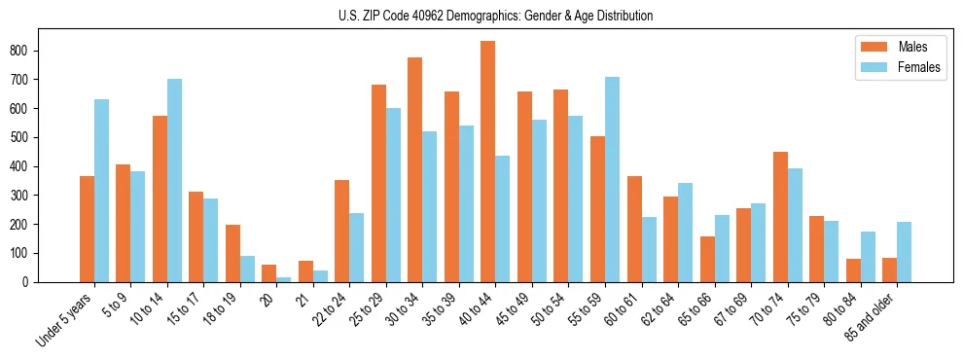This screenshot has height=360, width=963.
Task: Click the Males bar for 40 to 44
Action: click(488, 162)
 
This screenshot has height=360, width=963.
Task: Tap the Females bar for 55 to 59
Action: click(612, 179)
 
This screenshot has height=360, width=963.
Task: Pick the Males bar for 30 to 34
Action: click(415, 169)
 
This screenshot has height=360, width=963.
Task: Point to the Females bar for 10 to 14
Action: click(174, 180)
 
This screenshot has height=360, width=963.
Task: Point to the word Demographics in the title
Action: click(491, 17)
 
